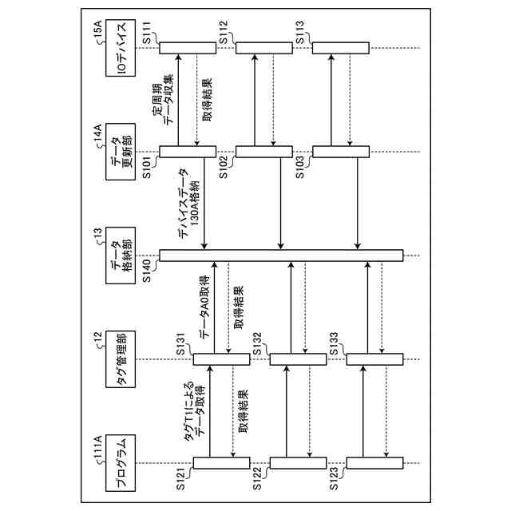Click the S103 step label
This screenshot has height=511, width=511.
[x=302, y=165]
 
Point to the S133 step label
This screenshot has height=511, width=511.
[x=334, y=347]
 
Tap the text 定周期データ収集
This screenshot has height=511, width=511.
[x=163, y=100]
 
